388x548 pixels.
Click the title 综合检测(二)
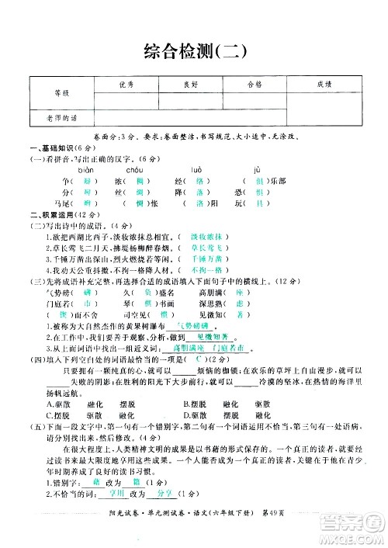[194, 51]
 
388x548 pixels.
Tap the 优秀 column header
[127, 85]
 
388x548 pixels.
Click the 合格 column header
[255, 85]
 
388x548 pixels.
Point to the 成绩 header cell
[324, 85]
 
